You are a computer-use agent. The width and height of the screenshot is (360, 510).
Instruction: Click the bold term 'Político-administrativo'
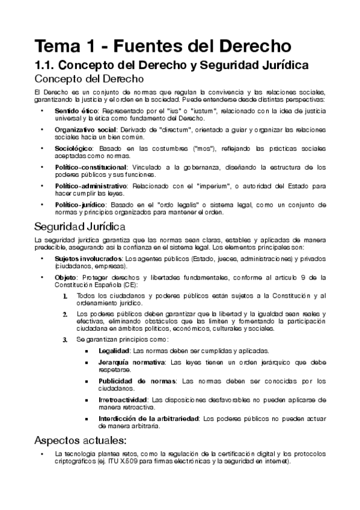[91, 185]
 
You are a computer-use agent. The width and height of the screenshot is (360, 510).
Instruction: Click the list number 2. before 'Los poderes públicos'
[66, 315]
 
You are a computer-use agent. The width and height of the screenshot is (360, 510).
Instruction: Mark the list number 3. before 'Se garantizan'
[66, 340]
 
